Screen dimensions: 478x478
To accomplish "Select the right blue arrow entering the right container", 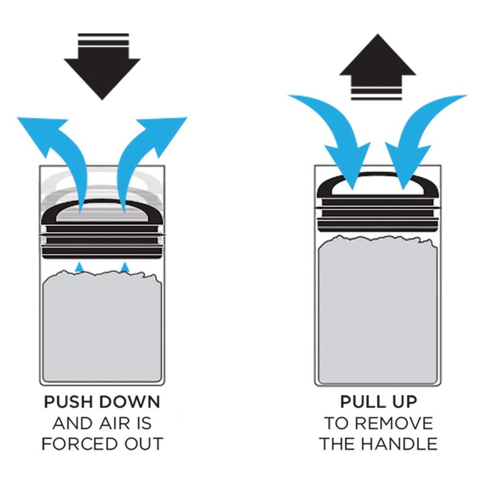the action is [418, 128].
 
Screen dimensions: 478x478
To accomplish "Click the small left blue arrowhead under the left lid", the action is [79, 266].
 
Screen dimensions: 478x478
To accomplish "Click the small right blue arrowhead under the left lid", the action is [124, 266].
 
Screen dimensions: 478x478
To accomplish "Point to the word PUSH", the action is [68, 402].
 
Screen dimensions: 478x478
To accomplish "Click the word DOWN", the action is [130, 402].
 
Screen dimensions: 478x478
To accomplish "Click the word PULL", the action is [359, 402].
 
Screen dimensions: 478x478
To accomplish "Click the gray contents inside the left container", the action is [102, 326].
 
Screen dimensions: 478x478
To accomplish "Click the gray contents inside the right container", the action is [378, 311].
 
